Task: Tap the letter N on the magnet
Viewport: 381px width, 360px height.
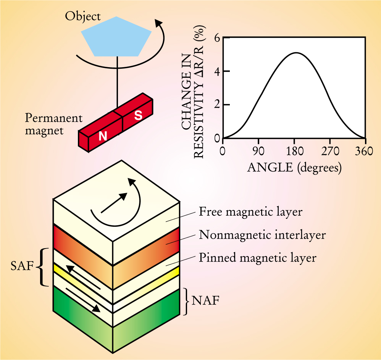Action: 103,136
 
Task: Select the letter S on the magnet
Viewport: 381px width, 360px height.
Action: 138,116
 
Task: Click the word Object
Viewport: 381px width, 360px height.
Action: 83,16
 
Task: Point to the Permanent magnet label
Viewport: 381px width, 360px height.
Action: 53,124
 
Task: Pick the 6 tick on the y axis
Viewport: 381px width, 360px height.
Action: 216,38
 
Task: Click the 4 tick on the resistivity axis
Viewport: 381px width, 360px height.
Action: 216,71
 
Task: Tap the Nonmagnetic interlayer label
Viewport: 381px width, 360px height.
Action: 262,234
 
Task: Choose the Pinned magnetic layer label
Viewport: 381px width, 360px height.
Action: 258,258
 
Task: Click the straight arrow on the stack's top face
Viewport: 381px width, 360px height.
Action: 114,202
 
